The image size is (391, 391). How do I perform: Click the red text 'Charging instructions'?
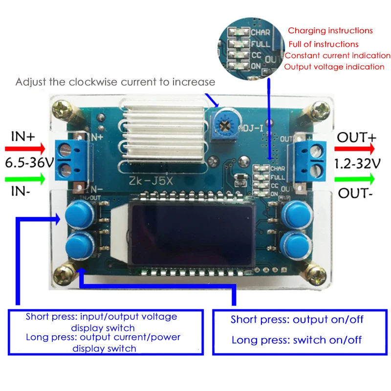point(330,31)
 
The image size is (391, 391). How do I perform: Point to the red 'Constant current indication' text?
point(337,56)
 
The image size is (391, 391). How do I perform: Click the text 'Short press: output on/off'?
point(297,320)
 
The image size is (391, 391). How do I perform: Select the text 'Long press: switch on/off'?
point(297,340)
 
